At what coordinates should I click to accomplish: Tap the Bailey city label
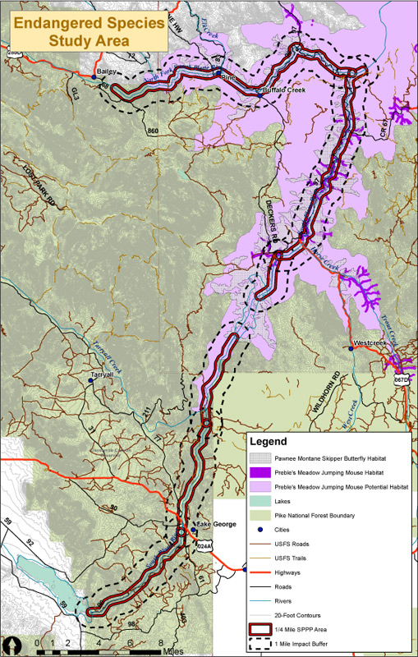pyautogui.click(x=105, y=72)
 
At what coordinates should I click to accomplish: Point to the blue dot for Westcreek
pyautogui.click(x=351, y=348)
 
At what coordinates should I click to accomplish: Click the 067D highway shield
pyautogui.click(x=401, y=381)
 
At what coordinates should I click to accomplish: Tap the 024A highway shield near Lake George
pyautogui.click(x=204, y=544)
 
